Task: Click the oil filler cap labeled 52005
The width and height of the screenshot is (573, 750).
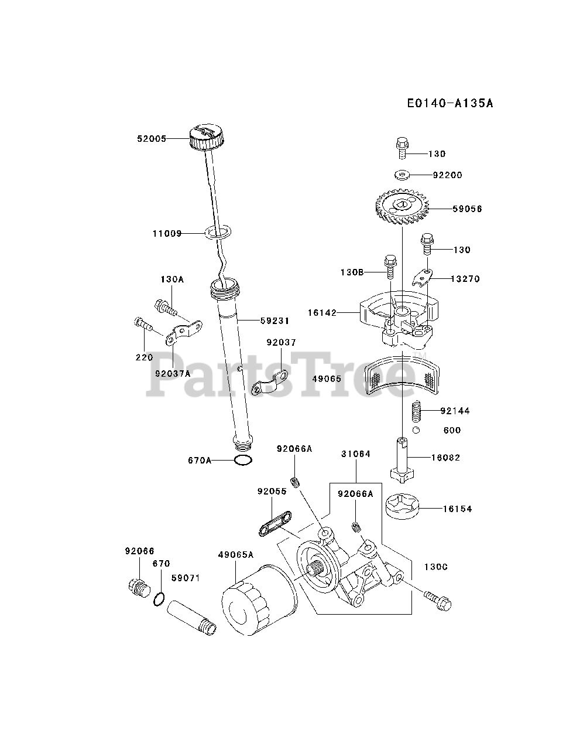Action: click(206, 138)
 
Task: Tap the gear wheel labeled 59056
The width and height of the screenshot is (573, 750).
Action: click(402, 209)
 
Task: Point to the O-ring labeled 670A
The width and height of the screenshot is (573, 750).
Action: click(243, 460)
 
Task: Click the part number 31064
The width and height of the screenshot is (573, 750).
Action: click(356, 454)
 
